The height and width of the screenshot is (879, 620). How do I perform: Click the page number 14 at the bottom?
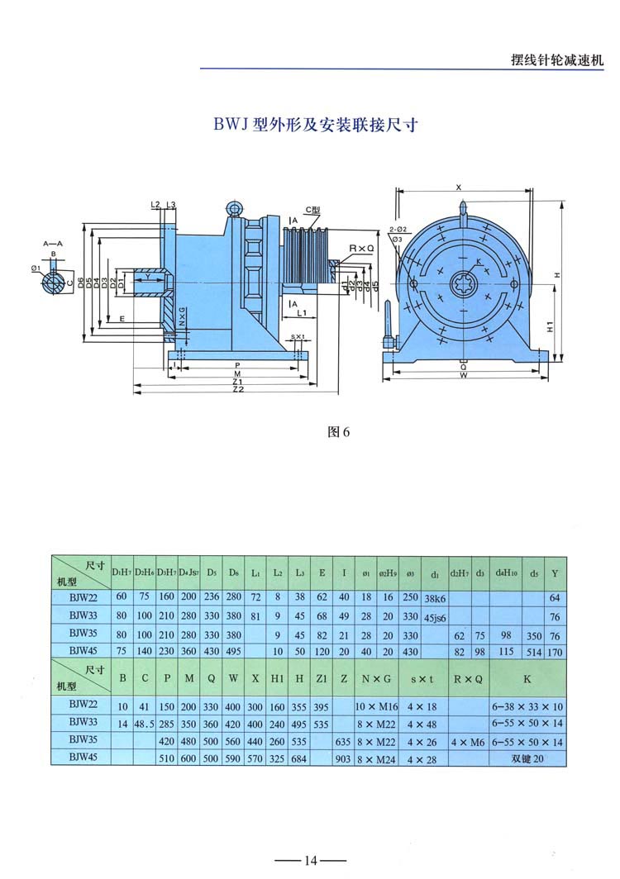click(310, 861)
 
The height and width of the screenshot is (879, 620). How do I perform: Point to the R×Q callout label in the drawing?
click(362, 248)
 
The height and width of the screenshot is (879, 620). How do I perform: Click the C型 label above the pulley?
click(312, 211)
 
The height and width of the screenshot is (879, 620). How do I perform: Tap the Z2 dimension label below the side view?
click(237, 389)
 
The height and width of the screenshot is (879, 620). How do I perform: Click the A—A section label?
click(51, 244)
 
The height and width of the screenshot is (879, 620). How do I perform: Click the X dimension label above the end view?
click(458, 187)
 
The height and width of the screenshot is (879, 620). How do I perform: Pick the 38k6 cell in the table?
click(435, 597)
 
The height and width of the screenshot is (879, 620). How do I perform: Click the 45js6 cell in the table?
click(435, 616)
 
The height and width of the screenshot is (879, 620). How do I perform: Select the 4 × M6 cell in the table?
click(467, 742)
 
